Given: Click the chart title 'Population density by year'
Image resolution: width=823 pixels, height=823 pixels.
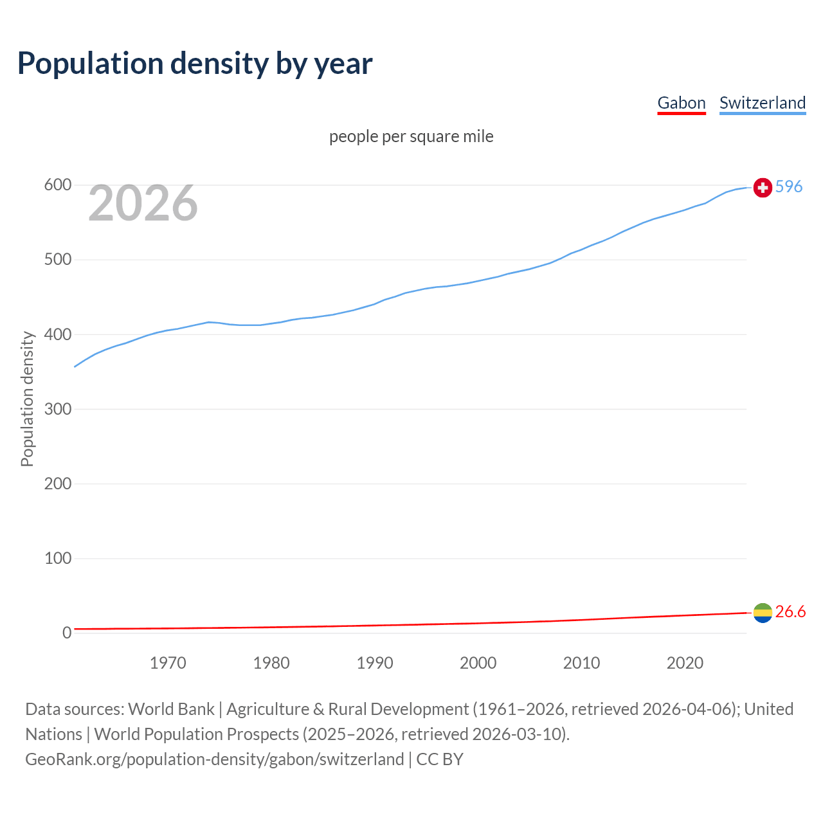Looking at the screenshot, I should tap(195, 63).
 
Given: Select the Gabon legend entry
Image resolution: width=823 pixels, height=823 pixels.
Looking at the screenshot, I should tap(681, 103).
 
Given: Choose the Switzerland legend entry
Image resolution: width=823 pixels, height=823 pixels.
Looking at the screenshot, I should tap(762, 103).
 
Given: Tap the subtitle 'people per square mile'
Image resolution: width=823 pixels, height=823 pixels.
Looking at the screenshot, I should tap(411, 136).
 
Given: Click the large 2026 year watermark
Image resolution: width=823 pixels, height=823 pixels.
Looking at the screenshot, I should tap(143, 203).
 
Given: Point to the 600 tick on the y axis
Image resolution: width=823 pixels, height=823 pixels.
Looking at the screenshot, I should tap(57, 185).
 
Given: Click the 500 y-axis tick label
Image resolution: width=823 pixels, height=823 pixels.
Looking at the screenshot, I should tap(57, 260).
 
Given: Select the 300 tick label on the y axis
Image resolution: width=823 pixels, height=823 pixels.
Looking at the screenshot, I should tap(57, 409).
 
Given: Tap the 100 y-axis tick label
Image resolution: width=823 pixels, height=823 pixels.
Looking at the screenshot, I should tap(57, 558).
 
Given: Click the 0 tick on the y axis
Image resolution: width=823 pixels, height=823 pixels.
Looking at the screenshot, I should tap(67, 633).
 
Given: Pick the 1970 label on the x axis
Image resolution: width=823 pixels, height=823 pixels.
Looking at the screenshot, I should tap(168, 663).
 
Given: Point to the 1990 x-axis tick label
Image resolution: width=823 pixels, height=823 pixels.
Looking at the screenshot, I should tap(375, 663).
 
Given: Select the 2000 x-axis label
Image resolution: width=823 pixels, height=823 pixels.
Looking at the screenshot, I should tap(478, 663).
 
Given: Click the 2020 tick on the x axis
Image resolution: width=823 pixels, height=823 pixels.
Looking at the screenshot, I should tap(685, 663).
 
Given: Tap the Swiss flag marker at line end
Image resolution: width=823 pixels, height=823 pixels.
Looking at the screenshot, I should tap(763, 187).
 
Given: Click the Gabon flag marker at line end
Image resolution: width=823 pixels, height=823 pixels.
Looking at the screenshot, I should tap(763, 613).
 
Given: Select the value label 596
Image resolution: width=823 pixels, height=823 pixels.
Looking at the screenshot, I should tap(789, 186).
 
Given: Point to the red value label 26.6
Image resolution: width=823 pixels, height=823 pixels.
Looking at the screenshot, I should tap(790, 611).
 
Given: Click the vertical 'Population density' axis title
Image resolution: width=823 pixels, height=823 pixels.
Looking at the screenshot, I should tap(27, 399).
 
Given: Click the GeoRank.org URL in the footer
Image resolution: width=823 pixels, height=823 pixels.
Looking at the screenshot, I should tap(214, 759).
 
